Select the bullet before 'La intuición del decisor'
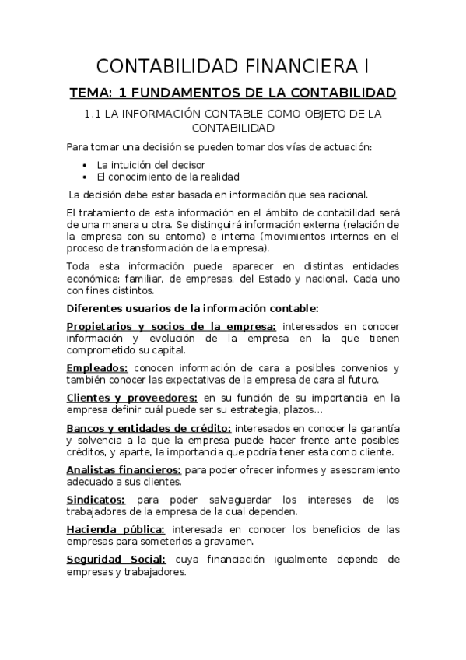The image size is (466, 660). pos(85,165)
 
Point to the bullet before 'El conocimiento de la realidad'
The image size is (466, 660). pos(85,177)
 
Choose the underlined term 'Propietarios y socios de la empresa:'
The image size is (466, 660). pos(171,327)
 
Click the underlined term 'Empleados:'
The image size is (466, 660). pos(97,368)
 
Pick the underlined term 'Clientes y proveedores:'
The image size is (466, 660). pos(131,398)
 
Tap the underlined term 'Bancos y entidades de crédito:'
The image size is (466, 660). pos(149,428)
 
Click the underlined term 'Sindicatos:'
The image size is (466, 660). pos(97,500)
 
